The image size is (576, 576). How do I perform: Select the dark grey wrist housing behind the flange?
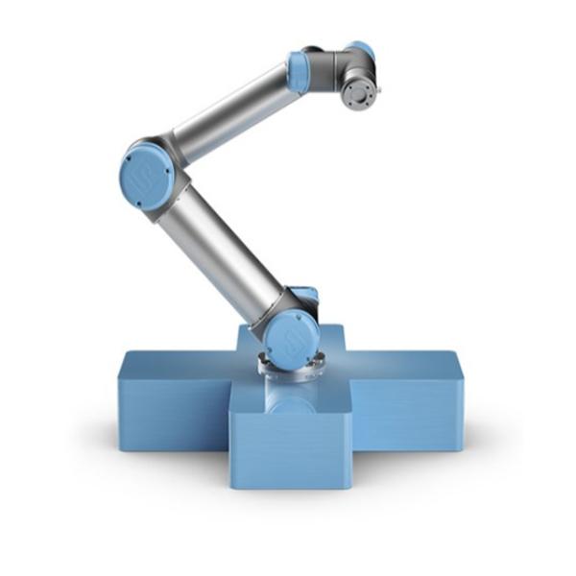[x=341, y=72]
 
